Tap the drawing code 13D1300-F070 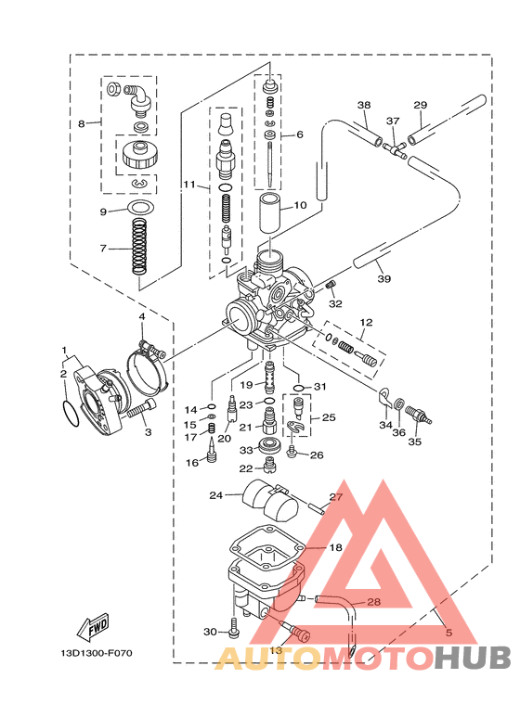[97, 653]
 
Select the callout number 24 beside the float [215, 495]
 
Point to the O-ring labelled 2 [70, 415]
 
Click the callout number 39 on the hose [383, 278]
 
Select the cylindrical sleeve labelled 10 [271, 213]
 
